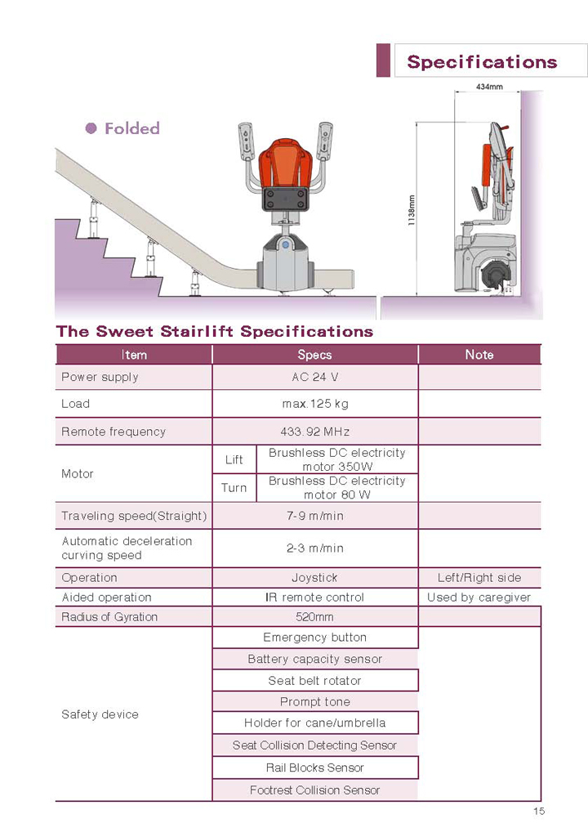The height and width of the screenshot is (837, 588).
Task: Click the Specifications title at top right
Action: [x=482, y=62]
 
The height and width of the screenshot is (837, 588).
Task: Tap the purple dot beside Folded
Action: [x=91, y=128]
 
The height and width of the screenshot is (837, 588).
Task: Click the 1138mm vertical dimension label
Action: [x=412, y=209]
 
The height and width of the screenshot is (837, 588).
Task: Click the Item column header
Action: [x=134, y=355]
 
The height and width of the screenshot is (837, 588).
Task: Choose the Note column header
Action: [x=479, y=355]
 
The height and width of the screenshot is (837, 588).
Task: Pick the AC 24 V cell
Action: [x=314, y=377]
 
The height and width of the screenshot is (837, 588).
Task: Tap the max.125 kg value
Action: [x=314, y=404]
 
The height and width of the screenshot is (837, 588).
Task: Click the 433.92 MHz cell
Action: [x=314, y=432]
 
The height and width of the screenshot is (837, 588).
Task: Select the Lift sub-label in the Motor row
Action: [x=234, y=459]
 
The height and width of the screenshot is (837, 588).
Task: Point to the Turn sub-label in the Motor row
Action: [x=234, y=488]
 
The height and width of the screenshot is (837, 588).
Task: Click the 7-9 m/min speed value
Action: [x=314, y=516]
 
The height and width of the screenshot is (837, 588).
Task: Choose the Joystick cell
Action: [x=314, y=577]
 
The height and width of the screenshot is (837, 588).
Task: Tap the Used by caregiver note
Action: [x=479, y=598]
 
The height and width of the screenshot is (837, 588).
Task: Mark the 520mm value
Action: [x=314, y=617]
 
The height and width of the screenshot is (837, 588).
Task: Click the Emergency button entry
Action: [x=314, y=638]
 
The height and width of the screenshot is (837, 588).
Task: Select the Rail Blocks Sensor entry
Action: [x=314, y=768]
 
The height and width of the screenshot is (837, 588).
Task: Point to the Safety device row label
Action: [x=100, y=714]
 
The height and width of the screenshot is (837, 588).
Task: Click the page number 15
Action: [x=538, y=812]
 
